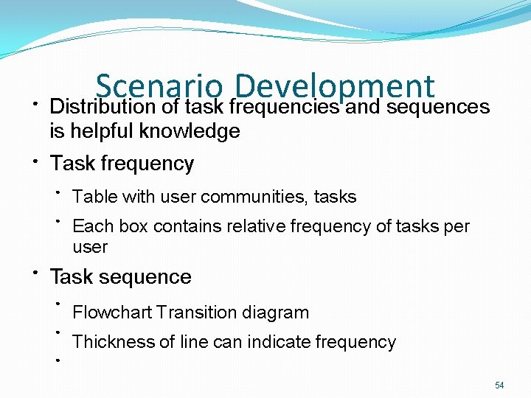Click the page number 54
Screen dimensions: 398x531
(x=499, y=385)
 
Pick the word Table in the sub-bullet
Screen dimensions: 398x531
(x=90, y=197)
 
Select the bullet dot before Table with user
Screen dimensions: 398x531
(x=58, y=192)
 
